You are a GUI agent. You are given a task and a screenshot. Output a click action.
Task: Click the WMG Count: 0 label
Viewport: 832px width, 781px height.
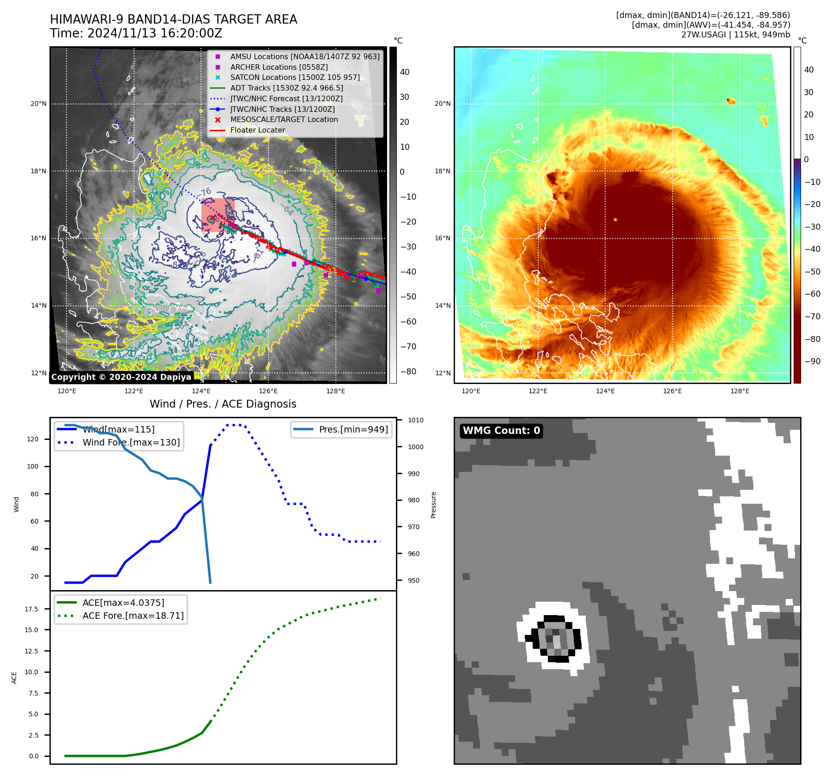(x=501, y=431)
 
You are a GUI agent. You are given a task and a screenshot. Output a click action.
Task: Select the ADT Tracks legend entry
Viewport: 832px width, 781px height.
(x=286, y=88)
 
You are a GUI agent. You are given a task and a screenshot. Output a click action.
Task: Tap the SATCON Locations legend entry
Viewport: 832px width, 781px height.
(x=295, y=77)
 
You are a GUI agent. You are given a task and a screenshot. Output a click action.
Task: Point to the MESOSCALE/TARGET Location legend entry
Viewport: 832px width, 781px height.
(x=284, y=119)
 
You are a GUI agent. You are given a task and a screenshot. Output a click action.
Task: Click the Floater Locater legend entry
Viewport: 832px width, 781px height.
(x=257, y=130)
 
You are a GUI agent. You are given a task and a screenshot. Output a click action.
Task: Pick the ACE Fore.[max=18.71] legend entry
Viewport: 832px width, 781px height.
(x=133, y=616)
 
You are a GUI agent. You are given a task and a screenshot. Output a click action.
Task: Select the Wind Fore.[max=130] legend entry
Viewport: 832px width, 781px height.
(x=131, y=442)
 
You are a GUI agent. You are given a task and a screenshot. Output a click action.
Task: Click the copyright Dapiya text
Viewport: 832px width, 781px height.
(x=121, y=377)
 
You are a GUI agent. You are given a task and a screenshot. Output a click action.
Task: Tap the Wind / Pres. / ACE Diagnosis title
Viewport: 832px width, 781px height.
(x=223, y=404)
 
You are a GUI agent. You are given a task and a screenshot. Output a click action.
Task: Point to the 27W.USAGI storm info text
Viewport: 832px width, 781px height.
(x=735, y=34)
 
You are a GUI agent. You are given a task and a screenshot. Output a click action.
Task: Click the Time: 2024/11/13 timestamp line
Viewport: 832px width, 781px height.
(x=136, y=33)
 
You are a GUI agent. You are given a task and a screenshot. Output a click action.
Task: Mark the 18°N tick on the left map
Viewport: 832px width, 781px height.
(x=38, y=171)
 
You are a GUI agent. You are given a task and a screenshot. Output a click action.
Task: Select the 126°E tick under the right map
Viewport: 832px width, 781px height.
(x=672, y=391)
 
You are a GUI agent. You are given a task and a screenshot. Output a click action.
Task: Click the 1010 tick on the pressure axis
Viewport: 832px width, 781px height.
(x=415, y=420)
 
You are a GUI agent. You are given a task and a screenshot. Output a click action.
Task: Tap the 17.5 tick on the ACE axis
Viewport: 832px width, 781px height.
(x=31, y=609)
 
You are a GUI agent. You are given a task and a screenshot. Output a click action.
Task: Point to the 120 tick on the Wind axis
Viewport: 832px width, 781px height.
(x=33, y=439)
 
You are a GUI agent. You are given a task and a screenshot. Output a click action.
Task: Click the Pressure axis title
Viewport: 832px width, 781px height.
(x=433, y=505)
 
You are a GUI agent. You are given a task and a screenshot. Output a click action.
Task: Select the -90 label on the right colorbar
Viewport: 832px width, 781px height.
(x=812, y=361)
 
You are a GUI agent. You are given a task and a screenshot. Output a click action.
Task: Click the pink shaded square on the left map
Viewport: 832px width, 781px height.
(x=218, y=214)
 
